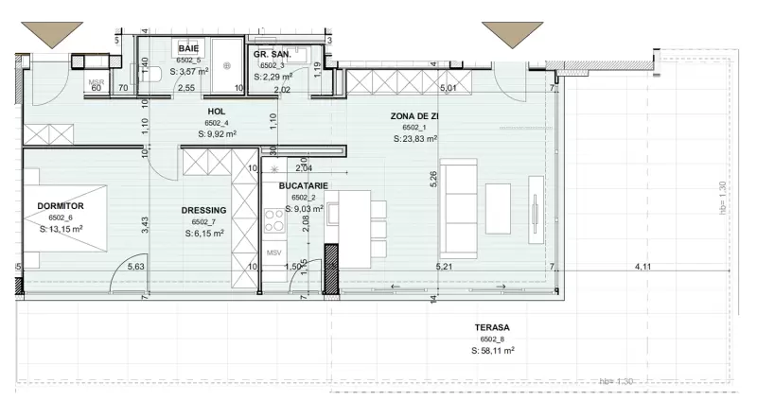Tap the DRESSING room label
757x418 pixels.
coord(203,211)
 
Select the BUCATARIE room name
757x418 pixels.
coord(303,186)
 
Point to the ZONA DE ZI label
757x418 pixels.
coord(414,115)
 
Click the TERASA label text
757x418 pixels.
coord(492,327)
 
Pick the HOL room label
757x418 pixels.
coord(217,111)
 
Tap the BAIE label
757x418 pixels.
coord(189,48)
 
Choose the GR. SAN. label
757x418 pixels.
coord(271,55)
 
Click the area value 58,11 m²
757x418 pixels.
coord(492,351)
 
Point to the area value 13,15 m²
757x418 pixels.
coord(62,229)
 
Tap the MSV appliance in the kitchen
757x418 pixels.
coord(274,253)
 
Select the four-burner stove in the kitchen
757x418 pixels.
coord(274,220)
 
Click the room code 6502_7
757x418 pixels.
coord(203,222)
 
